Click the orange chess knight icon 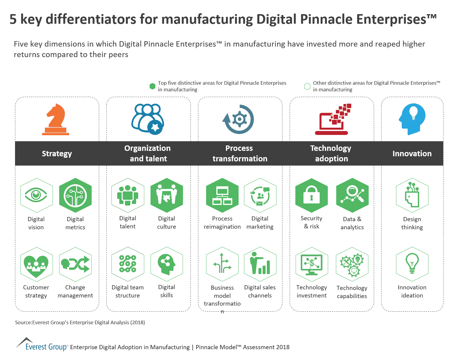[x=56, y=119]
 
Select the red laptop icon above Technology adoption [x=332, y=120]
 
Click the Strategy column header [x=57, y=154]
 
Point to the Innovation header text [x=412, y=154]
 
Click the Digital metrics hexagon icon [x=75, y=195]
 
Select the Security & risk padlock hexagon [x=312, y=195]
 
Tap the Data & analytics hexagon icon [x=352, y=195]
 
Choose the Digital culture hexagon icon [x=166, y=195]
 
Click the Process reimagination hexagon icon [x=222, y=195]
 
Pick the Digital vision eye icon [x=36, y=195]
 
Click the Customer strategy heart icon [x=36, y=264]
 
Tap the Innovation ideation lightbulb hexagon [x=412, y=264]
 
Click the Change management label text [x=75, y=291]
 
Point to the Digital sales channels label [x=260, y=291]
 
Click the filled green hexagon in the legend [x=152, y=86]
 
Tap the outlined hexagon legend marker [x=307, y=86]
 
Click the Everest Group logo [x=42, y=345]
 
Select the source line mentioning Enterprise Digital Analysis [x=80, y=322]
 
